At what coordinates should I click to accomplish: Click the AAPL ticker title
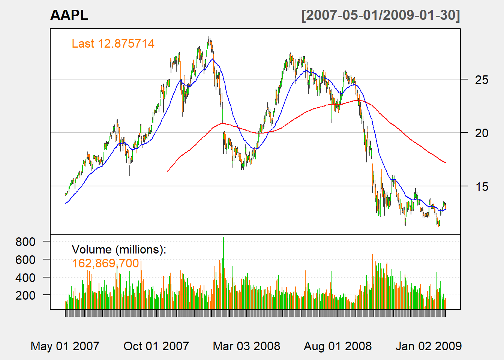(69, 15)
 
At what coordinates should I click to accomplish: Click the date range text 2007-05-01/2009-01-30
(381, 15)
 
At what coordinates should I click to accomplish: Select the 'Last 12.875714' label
(113, 43)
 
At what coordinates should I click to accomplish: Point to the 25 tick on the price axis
(481, 79)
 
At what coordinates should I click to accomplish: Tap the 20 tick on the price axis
(481, 133)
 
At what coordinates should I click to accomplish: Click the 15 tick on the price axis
(481, 186)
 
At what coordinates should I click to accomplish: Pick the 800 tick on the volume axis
(25, 241)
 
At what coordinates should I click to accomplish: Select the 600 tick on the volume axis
(25, 259)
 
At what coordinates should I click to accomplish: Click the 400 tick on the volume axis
(25, 277)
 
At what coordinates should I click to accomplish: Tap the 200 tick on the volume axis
(25, 295)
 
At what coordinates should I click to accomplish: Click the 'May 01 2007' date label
(65, 346)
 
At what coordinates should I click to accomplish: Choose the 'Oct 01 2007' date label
(156, 346)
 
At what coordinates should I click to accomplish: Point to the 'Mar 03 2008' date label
(246, 346)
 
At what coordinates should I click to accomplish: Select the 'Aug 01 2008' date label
(338, 346)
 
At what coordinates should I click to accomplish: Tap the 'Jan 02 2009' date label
(429, 346)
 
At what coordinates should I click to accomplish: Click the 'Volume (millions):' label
(119, 249)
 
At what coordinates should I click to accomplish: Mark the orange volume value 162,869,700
(105, 263)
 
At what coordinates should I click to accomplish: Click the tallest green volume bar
(223, 274)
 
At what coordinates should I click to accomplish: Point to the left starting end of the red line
(167, 171)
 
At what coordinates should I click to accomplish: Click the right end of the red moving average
(445, 162)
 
